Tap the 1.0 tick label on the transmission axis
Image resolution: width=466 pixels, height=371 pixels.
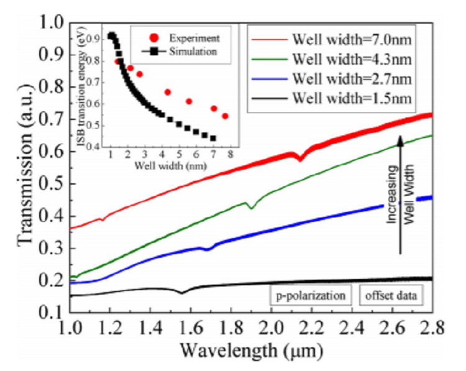click(x=50, y=23)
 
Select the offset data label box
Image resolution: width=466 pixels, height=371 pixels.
click(x=390, y=296)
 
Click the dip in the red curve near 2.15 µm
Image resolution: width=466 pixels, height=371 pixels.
click(x=301, y=159)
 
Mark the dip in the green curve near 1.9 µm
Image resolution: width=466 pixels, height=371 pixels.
click(x=252, y=208)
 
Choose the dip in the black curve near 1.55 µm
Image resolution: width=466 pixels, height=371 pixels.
click(x=182, y=292)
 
